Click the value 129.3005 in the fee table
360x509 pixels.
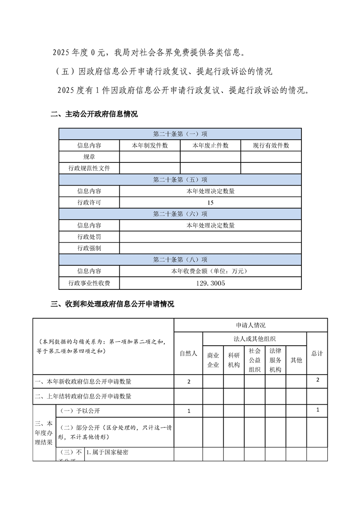click(210, 283)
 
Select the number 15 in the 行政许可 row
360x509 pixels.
click(210, 202)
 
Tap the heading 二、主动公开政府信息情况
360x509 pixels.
click(94, 114)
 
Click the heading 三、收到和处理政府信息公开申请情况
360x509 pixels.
click(112, 304)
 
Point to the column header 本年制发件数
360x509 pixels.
click(149, 146)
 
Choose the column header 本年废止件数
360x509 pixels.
click(210, 146)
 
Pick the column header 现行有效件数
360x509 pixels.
click(271, 146)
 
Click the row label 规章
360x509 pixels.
click(89, 157)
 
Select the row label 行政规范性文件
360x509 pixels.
click(89, 168)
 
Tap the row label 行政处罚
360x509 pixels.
click(89, 237)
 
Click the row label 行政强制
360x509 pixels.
click(89, 248)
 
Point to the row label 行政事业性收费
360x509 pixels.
click(89, 283)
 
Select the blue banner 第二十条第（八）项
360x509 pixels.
click(180, 259)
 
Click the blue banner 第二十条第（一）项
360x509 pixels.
click(180, 134)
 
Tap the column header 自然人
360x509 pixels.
click(188, 353)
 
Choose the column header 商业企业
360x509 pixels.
click(213, 360)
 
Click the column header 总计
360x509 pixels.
click(317, 353)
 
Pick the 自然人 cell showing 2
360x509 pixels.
click(188, 382)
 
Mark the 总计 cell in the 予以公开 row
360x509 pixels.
click(318, 410)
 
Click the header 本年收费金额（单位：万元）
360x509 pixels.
click(210, 271)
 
